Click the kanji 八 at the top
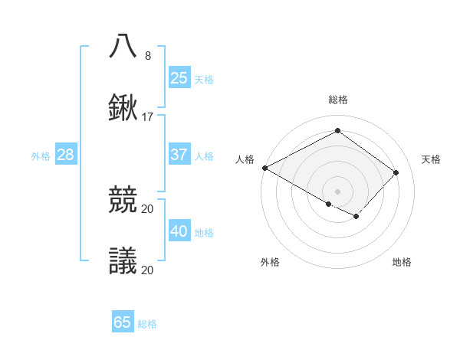click(123, 46)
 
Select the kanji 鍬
click(123, 109)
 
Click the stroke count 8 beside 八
click(148, 55)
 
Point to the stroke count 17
click(148, 117)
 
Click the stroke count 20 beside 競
click(148, 208)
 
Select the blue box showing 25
click(179, 77)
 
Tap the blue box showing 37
click(179, 155)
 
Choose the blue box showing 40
click(179, 231)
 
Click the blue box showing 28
click(65, 155)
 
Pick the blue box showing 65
click(123, 322)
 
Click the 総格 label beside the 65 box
click(147, 324)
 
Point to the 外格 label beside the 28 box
click(41, 156)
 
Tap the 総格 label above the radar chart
click(337, 100)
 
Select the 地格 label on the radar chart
click(402, 262)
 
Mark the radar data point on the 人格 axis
click(264, 168)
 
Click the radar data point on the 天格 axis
click(396, 172)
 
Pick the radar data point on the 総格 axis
click(337, 131)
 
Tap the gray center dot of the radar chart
click(337, 191)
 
